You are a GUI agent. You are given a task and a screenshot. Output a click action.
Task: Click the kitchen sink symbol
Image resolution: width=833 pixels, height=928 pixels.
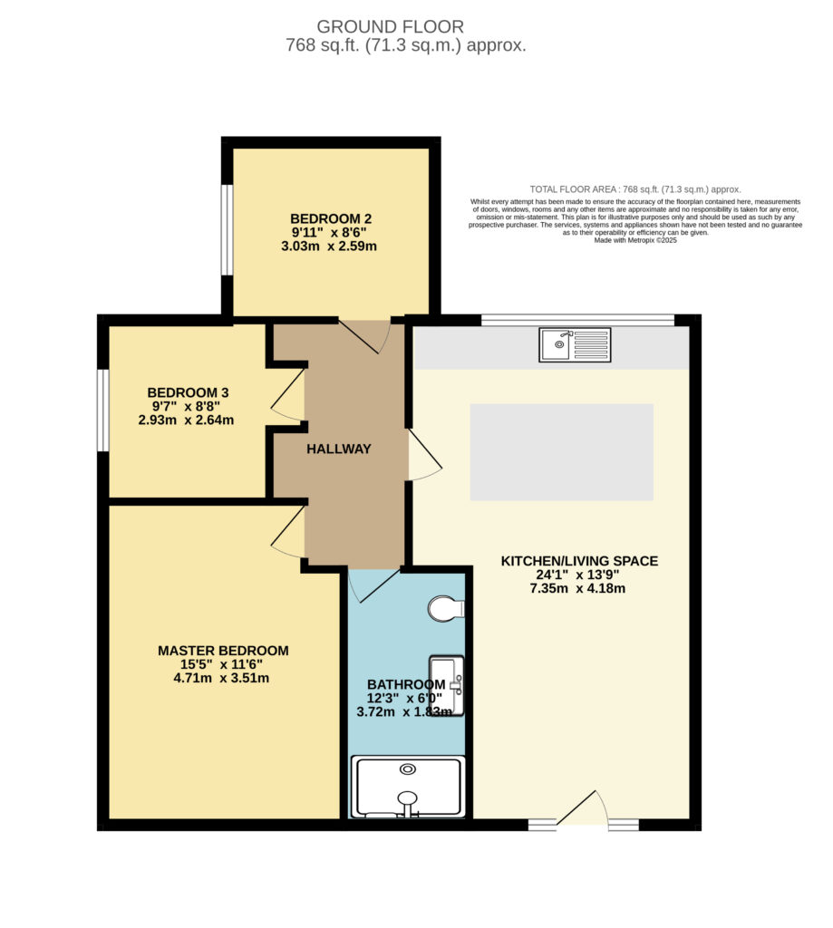pyautogui.click(x=575, y=345)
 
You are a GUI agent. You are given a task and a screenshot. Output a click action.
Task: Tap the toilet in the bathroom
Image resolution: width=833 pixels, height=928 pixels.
pyautogui.click(x=446, y=609)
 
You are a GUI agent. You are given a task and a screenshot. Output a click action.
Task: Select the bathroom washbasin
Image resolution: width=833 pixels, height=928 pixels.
pyautogui.click(x=446, y=685)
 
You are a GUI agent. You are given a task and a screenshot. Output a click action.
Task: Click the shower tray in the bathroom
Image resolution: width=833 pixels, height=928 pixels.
pyautogui.click(x=408, y=787)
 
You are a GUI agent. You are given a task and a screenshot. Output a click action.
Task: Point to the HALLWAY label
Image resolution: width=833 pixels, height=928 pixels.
pyautogui.click(x=339, y=449)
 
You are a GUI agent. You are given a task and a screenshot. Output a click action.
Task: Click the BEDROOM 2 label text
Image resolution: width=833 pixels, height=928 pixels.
pyautogui.click(x=331, y=219)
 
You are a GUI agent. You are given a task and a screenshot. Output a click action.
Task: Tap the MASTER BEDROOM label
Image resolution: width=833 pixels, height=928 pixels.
pyautogui.click(x=223, y=651)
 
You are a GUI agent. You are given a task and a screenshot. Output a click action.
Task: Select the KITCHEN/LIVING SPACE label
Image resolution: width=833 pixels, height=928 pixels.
pyautogui.click(x=579, y=561)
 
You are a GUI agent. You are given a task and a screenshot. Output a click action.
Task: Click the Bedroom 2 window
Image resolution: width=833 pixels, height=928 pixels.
pyautogui.click(x=227, y=229)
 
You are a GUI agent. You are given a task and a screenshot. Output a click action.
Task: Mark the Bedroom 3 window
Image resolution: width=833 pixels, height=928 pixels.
pyautogui.click(x=103, y=411)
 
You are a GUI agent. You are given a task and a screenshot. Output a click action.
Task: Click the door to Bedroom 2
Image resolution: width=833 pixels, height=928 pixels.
pyautogui.click(x=364, y=336)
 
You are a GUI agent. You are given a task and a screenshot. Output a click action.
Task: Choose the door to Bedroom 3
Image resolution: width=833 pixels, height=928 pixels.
pyautogui.click(x=288, y=394)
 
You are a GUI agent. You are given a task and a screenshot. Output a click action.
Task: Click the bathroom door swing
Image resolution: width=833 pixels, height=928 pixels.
pyautogui.click(x=373, y=585)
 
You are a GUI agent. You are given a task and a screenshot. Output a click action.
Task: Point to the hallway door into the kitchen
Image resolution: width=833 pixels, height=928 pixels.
pyautogui.click(x=424, y=454)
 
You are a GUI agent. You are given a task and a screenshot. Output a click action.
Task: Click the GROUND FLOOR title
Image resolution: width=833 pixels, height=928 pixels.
pyautogui.click(x=390, y=26)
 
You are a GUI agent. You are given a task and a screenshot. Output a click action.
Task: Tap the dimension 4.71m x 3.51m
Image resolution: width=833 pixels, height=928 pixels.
pyautogui.click(x=221, y=678)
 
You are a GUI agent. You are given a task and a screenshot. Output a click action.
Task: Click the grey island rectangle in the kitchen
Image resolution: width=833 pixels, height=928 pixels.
pyautogui.click(x=562, y=452)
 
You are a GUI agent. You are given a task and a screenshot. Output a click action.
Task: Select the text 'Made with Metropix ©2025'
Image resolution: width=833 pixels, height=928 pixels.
pyautogui.click(x=635, y=241)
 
